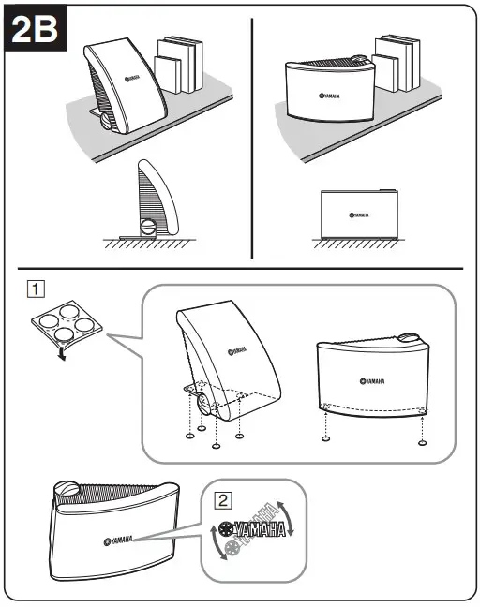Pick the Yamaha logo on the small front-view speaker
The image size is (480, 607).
coord(357,215)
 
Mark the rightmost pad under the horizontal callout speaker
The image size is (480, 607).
coord(423,440)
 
